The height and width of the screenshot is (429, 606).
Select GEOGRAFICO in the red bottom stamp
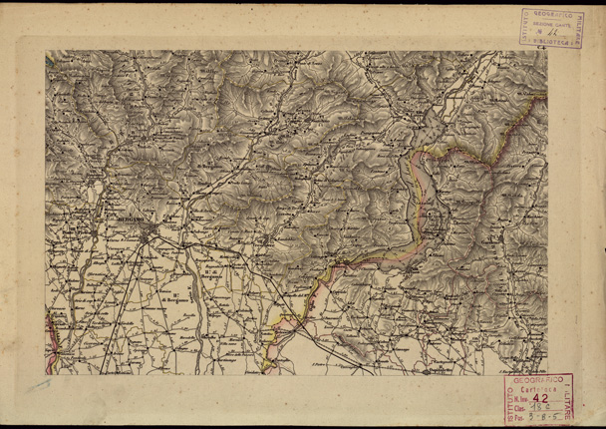(x=539, y=381)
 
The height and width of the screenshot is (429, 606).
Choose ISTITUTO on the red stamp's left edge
(x=505, y=399)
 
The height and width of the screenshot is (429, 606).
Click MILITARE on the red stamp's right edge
(x=569, y=399)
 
